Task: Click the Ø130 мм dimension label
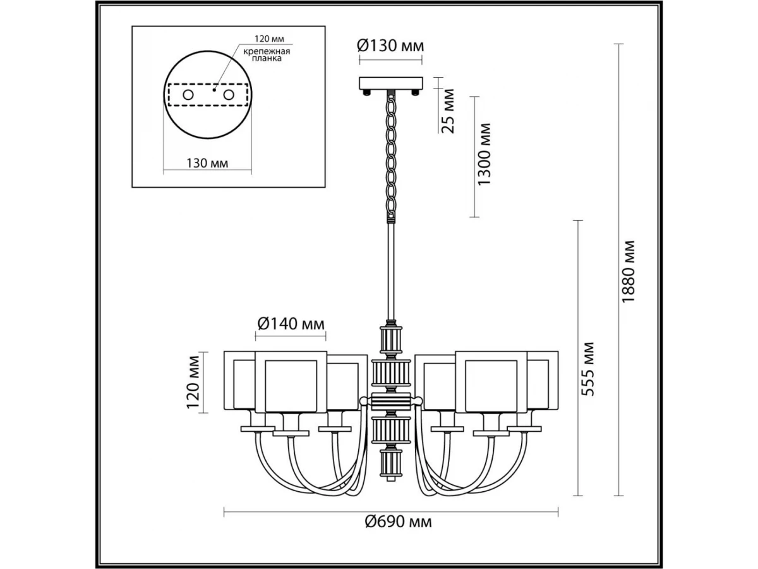point(390,46)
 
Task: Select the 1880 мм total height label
point(628,272)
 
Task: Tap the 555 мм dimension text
point(587,369)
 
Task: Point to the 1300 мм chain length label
point(483,154)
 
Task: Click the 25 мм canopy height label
point(448,111)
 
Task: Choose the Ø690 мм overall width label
point(398,522)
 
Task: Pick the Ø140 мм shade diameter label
point(291,324)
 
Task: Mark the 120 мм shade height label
point(193,382)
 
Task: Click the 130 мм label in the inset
point(207,163)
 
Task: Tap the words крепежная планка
point(267,55)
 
